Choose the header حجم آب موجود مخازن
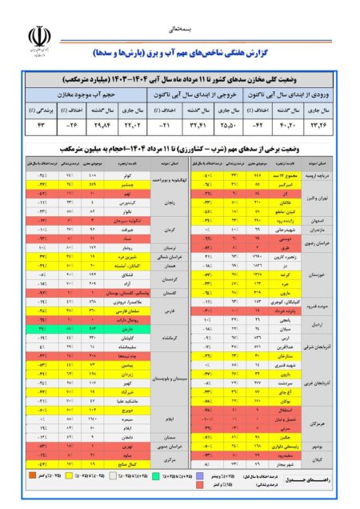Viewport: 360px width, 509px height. click(87, 94)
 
